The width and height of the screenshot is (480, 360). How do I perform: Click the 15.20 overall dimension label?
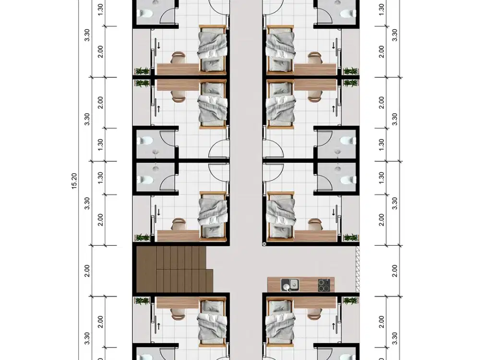coord(74,181)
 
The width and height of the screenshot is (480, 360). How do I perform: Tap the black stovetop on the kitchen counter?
coord(324,285)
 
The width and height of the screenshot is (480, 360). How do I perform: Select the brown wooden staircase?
coord(175,269)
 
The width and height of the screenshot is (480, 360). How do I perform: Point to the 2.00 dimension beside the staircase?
coord(87,271)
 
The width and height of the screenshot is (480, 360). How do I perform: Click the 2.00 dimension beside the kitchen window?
coord(395,271)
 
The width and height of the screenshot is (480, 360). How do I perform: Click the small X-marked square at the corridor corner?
coord(264,244)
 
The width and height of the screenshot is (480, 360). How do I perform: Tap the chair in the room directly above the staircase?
coord(178,224)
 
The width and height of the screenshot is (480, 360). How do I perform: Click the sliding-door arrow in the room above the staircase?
coord(158,212)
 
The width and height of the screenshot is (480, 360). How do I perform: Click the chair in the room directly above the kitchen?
coord(315,224)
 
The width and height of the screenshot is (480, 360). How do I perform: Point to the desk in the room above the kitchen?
coord(315,235)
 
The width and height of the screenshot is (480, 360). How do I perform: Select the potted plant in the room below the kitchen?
coord(351,300)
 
